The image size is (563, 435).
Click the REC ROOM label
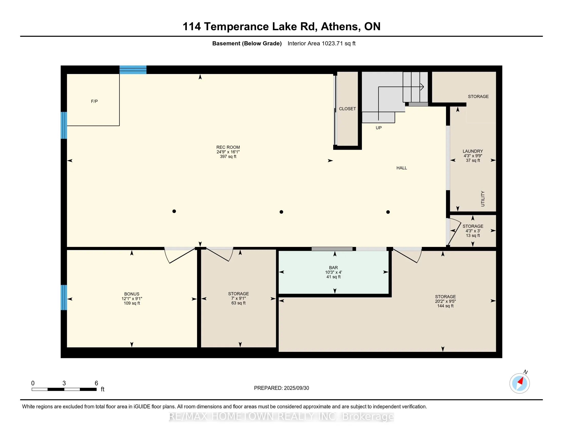coord(228,147)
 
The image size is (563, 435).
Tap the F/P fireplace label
coord(94,101)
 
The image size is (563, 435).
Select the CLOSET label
coord(347,109)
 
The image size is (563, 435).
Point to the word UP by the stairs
coord(378,128)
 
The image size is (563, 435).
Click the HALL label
coord(402,168)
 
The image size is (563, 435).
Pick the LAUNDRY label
coord(473,151)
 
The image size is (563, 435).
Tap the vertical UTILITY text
coord(483,199)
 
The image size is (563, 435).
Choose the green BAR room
coord(333,273)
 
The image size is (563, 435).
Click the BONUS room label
coord(132,294)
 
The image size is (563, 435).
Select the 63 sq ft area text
coord(239,303)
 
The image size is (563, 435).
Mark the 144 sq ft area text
coord(445,306)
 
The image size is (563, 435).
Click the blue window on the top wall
coord(133,70)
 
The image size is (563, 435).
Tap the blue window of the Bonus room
coord(64,297)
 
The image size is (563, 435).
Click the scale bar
coord(64,389)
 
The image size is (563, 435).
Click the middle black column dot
coord(281,212)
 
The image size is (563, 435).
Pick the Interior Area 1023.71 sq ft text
coord(321,43)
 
